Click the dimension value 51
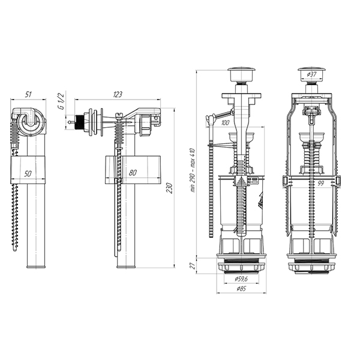click(28, 94)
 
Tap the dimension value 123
click(118, 94)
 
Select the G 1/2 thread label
click(60, 103)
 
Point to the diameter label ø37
click(313, 74)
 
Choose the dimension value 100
click(226, 123)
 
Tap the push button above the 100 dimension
click(239, 77)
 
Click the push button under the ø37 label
click(311, 81)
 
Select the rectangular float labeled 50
click(28, 170)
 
